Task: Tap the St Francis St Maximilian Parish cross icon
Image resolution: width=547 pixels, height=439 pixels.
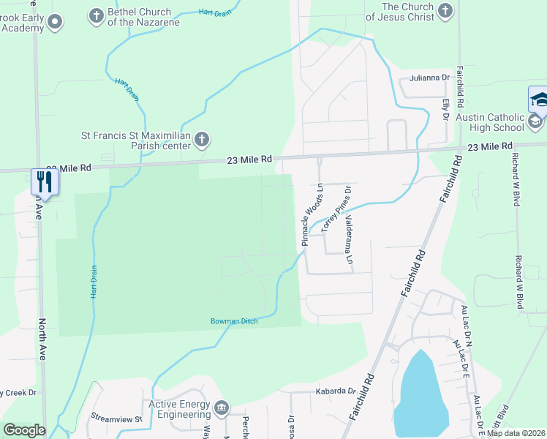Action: pos(202,138)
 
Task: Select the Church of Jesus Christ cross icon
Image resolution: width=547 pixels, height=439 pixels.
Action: pos(445,10)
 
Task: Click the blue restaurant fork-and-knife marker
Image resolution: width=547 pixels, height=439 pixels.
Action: pos(45,181)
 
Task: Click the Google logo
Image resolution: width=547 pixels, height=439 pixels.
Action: pos(24,430)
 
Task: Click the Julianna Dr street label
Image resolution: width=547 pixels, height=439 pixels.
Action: pos(429,78)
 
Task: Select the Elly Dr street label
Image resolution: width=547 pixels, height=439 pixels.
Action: pos(445,110)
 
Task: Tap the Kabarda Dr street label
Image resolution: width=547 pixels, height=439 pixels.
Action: pos(335,391)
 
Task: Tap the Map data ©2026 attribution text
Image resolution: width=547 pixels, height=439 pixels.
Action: pos(516,433)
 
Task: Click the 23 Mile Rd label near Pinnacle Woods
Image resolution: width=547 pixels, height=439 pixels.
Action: pos(249,159)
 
